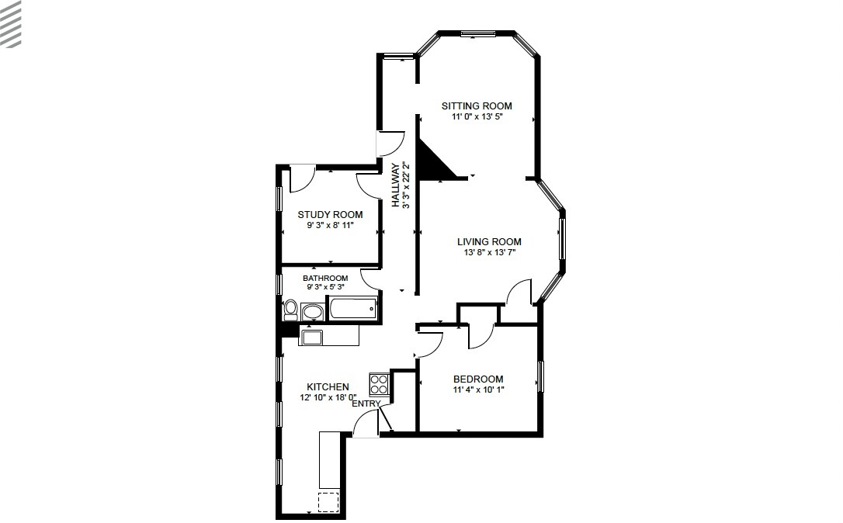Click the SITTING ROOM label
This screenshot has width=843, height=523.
(477, 106)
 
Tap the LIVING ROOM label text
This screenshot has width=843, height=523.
(488, 241)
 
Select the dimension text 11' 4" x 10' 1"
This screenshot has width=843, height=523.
(478, 390)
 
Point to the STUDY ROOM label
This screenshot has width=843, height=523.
(330, 214)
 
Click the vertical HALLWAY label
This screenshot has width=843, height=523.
(395, 185)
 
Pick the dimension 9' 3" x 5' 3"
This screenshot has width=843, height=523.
(325, 287)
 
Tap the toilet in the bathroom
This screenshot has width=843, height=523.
(290, 310)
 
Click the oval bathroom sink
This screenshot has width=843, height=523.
(313, 312)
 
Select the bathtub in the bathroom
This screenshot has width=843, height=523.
(353, 310)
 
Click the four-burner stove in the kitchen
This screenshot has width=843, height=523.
(379, 383)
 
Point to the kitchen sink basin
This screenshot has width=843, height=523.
(313, 336)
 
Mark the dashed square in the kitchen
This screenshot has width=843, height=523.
(328, 502)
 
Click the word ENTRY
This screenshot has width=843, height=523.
(366, 404)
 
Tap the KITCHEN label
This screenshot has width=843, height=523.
(328, 386)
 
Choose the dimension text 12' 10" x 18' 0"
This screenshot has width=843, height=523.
(328, 397)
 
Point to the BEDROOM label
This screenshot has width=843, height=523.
(478, 379)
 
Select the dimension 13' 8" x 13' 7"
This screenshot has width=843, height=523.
(488, 252)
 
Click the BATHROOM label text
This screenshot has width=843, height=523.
(325, 278)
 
